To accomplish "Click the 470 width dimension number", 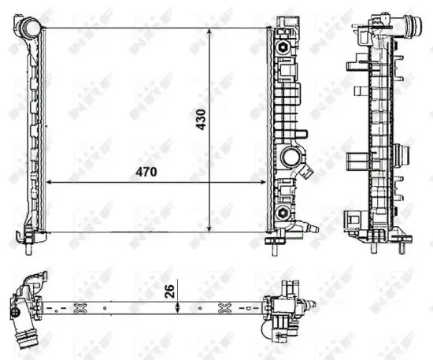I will point(146,171).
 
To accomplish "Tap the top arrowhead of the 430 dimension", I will point(209,31).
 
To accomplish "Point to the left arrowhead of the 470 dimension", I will point(51,182).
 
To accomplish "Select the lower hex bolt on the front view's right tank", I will point(281,211).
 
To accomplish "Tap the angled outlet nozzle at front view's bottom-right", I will point(309,228).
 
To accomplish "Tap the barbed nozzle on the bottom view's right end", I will point(314,304).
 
